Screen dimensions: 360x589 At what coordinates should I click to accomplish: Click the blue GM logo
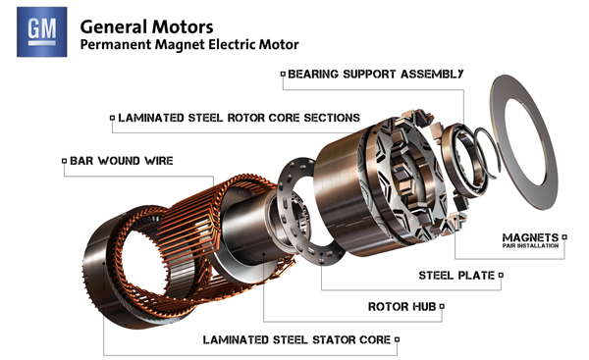[x=41, y=30]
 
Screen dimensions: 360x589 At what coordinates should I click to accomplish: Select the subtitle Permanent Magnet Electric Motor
[x=187, y=45]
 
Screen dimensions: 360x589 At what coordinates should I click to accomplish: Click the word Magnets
[x=530, y=237]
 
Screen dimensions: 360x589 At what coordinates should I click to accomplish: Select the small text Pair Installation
[x=533, y=246]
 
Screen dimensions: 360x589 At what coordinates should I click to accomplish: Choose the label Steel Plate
[x=456, y=276]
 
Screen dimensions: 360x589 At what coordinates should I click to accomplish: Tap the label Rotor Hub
[x=402, y=307]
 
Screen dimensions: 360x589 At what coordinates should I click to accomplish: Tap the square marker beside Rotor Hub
[x=442, y=307]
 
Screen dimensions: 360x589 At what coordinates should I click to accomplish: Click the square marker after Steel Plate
[x=501, y=276]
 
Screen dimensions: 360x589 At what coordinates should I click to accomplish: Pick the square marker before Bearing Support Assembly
[x=283, y=74]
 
